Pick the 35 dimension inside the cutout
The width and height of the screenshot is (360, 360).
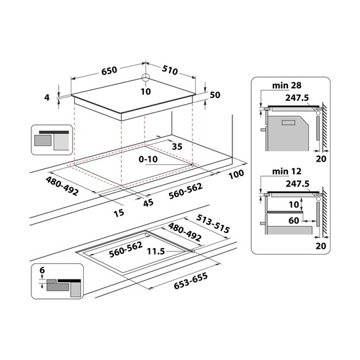176,147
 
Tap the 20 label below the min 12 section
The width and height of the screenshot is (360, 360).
319,245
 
